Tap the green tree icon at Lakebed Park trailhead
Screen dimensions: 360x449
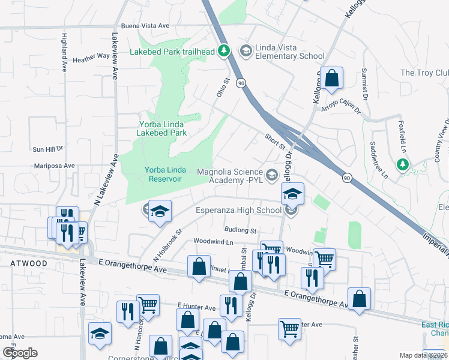coord(224,51)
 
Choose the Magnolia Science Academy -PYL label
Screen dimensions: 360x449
coord(231,176)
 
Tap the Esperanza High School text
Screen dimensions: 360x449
coord(239,210)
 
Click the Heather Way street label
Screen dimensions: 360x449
coord(91,59)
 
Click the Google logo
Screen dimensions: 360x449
coord(20,353)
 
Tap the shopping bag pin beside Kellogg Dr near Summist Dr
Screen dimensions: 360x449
coord(331,78)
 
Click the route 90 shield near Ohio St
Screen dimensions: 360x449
coord(241,82)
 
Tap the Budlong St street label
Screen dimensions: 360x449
coord(240,230)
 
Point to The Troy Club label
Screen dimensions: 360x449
coord(424,73)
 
